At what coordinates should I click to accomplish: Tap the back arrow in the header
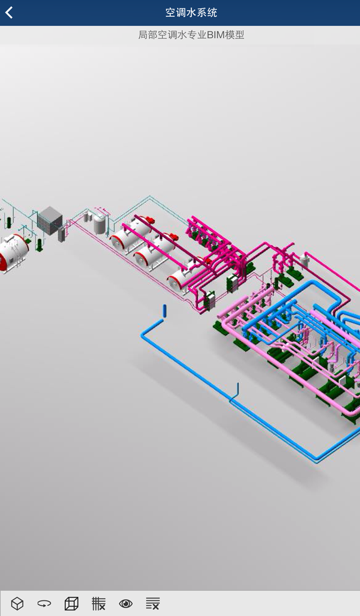click(9, 12)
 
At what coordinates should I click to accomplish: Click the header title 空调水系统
click(191, 12)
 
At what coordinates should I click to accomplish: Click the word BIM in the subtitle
click(216, 35)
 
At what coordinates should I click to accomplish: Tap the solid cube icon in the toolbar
click(17, 603)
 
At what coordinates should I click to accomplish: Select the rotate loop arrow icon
click(44, 603)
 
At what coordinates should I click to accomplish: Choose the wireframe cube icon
click(71, 603)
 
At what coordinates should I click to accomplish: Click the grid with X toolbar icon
click(98, 603)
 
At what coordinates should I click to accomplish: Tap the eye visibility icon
click(126, 603)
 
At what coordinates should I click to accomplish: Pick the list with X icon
click(152, 603)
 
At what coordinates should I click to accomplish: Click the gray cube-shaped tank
click(50, 220)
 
